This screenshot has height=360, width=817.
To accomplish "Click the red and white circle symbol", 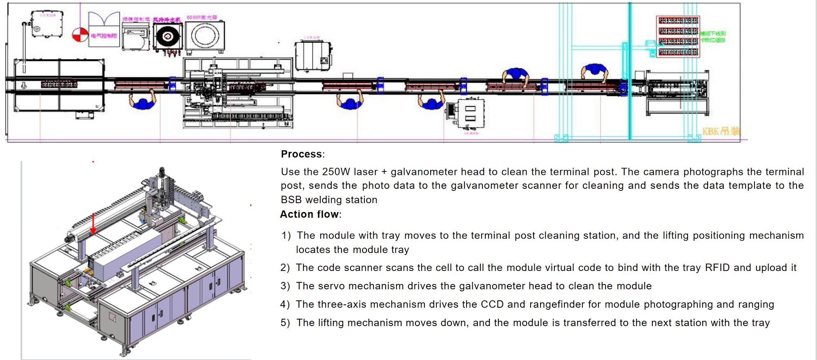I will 80,35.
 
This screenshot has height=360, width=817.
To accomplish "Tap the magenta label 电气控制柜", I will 104,36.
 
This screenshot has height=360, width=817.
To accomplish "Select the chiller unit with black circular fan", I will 167,37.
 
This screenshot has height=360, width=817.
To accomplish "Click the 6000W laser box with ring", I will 205,36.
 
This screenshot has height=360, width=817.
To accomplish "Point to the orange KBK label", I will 721,132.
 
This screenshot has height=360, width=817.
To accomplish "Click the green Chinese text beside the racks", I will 713,37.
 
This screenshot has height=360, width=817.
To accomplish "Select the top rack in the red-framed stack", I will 678,20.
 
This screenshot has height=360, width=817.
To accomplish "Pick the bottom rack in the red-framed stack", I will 678,52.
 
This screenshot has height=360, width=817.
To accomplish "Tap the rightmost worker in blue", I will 594,72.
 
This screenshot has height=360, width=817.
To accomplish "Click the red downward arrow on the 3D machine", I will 93,224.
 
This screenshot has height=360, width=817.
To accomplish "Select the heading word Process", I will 301,154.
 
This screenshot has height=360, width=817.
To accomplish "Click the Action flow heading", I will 310,214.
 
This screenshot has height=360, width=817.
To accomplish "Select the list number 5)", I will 285,323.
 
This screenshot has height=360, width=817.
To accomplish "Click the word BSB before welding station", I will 291,200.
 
